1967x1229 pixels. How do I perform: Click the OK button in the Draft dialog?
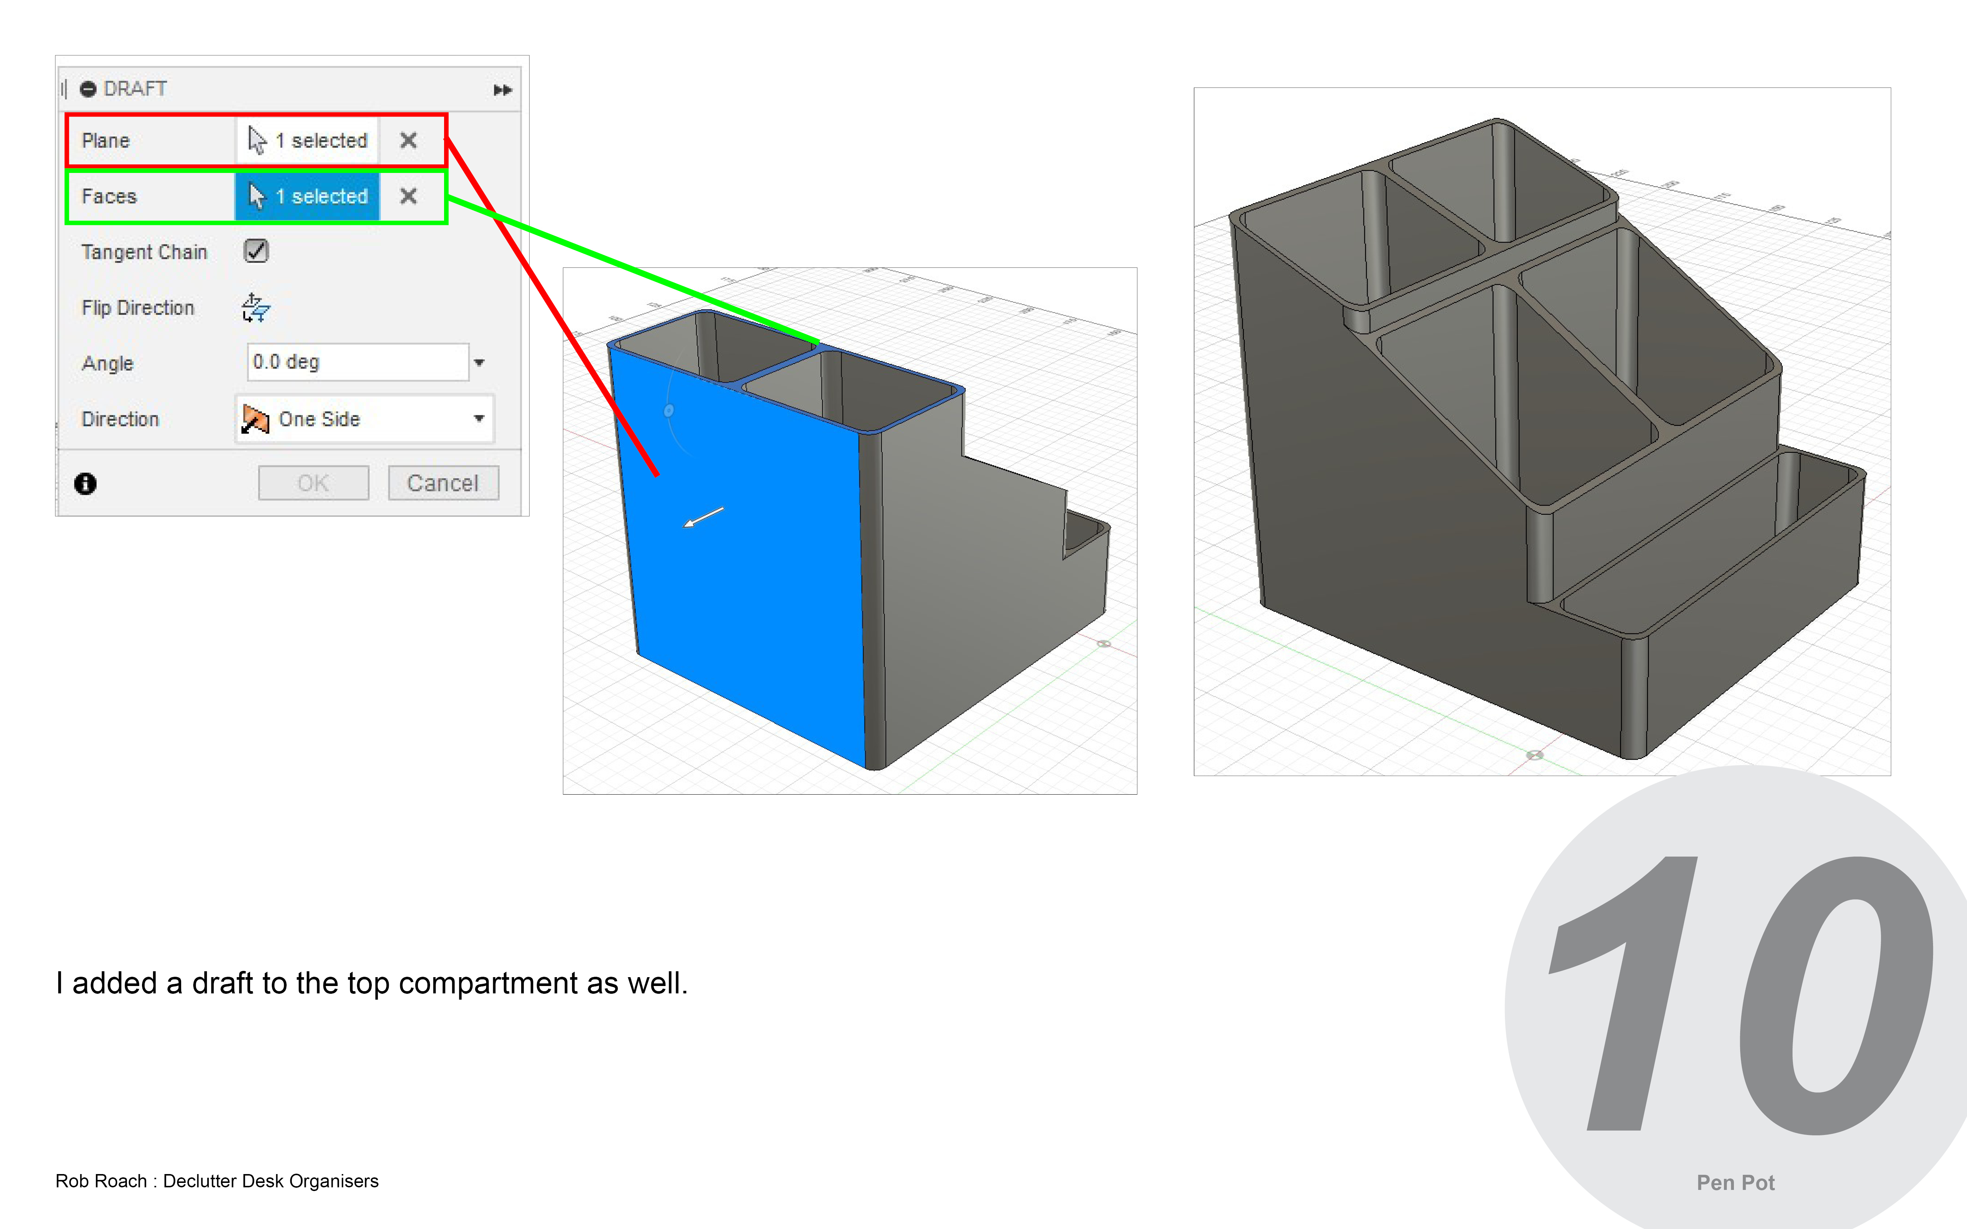(313, 483)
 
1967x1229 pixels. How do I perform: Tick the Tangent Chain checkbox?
(256, 251)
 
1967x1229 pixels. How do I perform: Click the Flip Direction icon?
(255, 307)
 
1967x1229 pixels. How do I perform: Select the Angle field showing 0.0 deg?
(358, 362)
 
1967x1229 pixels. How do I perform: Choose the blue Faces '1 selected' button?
(307, 196)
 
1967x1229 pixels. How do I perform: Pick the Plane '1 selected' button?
(307, 140)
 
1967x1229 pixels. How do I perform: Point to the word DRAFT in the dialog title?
(135, 88)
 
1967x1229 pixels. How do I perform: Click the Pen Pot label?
(1735, 1183)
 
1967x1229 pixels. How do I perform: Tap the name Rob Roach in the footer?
(101, 1181)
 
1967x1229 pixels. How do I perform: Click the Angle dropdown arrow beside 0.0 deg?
(479, 362)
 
